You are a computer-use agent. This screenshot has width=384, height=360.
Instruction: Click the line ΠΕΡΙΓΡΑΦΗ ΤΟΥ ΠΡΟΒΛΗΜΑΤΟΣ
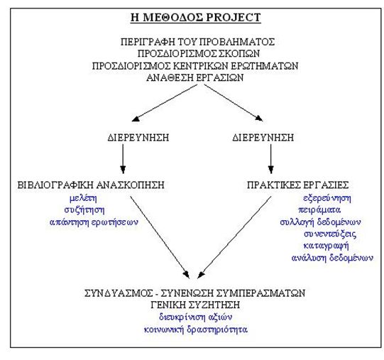(197, 42)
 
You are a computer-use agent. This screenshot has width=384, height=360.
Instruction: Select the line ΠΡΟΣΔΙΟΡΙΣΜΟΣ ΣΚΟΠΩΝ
(199, 53)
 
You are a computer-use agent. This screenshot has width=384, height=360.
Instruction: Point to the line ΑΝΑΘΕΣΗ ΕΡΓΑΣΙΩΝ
(195, 77)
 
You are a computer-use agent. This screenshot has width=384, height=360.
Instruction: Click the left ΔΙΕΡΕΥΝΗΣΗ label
(138, 138)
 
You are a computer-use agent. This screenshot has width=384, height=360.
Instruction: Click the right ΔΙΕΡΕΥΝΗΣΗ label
(263, 138)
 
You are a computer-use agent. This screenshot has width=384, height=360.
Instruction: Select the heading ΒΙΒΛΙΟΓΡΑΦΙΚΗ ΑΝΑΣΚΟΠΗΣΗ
(91, 185)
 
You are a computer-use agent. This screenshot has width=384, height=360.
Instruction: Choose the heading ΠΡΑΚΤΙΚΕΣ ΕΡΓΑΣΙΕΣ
(298, 185)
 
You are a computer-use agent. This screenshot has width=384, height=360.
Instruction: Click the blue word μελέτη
(83, 198)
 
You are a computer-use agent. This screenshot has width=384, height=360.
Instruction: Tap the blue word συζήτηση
(84, 210)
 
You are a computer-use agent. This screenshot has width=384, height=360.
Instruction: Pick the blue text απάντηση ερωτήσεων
(94, 222)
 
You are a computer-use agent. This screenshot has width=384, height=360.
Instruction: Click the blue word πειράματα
(319, 210)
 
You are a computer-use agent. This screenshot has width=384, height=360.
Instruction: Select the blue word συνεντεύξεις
(330, 234)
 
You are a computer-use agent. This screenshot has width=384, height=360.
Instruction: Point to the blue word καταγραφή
(326, 246)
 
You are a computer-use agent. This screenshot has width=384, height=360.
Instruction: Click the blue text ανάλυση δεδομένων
(332, 258)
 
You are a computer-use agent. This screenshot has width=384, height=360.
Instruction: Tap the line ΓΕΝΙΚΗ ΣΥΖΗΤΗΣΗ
(195, 305)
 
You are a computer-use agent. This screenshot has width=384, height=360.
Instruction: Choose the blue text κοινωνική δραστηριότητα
(196, 329)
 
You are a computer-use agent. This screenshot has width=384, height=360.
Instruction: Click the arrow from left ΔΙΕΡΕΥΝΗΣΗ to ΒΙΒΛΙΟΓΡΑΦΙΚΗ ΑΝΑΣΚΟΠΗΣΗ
(123, 159)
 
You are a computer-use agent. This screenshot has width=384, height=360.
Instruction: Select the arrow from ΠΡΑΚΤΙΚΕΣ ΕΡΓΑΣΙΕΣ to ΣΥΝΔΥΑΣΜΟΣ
(234, 237)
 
